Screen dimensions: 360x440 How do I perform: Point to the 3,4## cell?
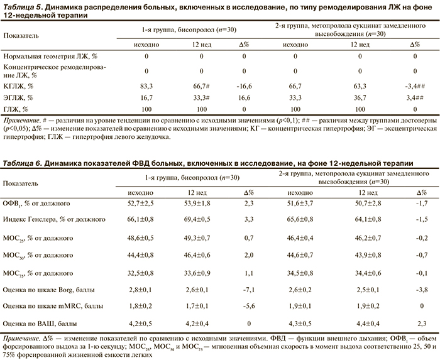pos(413,85)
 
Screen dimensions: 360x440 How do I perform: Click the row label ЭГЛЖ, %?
pos(19,98)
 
